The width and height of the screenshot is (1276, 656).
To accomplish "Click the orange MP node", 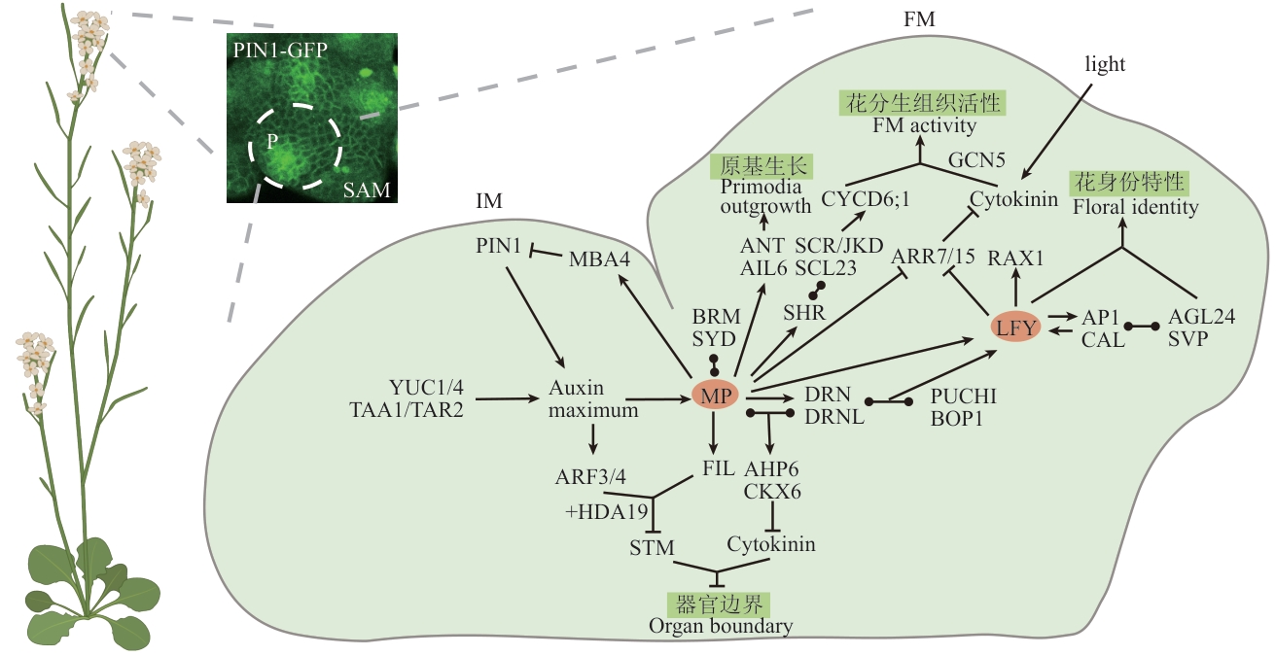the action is (x=715, y=395).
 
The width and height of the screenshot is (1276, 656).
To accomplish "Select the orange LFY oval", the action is (x=1015, y=327).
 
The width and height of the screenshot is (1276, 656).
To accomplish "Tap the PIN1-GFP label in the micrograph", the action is (x=280, y=51).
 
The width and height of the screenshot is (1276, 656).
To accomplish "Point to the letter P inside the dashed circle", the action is (x=272, y=141).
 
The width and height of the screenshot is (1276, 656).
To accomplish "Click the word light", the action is (x=1105, y=64).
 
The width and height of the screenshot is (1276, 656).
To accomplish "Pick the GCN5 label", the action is (x=976, y=160).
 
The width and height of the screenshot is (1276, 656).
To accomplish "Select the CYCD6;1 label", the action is (x=866, y=199).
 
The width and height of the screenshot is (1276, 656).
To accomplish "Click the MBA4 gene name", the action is (x=599, y=259).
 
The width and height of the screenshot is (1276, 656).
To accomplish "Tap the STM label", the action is (x=652, y=548).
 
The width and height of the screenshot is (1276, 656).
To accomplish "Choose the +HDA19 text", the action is (x=607, y=512).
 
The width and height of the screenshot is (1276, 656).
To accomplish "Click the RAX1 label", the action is (x=1015, y=259).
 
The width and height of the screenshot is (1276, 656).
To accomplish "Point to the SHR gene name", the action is (x=803, y=313).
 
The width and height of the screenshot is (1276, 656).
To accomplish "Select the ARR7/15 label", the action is (x=933, y=257).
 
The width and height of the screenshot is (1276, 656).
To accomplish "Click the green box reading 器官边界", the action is (x=719, y=604).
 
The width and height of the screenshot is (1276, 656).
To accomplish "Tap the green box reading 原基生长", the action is (x=762, y=166).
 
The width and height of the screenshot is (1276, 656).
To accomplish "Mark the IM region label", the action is (x=489, y=201).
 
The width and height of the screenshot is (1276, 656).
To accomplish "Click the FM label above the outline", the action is (x=919, y=19).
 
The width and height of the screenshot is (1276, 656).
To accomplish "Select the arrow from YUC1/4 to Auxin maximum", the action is (x=507, y=399).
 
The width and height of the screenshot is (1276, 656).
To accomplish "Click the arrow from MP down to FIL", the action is (x=713, y=432).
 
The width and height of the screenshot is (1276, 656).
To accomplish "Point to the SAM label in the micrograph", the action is (x=367, y=190).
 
